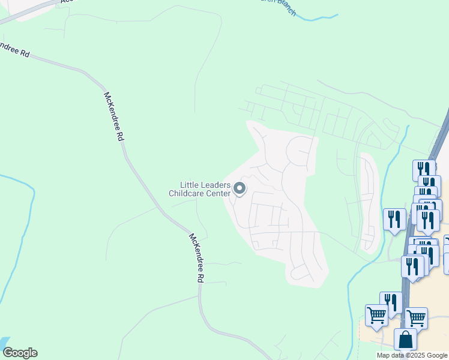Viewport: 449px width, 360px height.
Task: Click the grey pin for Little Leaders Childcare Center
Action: [x=240, y=190]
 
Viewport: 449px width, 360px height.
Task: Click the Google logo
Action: [x=19, y=353]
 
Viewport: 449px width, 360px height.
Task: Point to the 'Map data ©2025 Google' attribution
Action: [x=411, y=355]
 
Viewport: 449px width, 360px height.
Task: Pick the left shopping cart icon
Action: [x=376, y=315]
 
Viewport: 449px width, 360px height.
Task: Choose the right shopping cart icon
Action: [x=416, y=317]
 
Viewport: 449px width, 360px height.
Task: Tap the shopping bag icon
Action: [x=406, y=339]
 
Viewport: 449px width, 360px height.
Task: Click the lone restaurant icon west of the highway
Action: [x=394, y=219]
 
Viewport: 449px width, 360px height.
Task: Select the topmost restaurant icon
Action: [x=424, y=170]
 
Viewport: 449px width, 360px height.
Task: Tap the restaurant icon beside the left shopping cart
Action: [x=391, y=303]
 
